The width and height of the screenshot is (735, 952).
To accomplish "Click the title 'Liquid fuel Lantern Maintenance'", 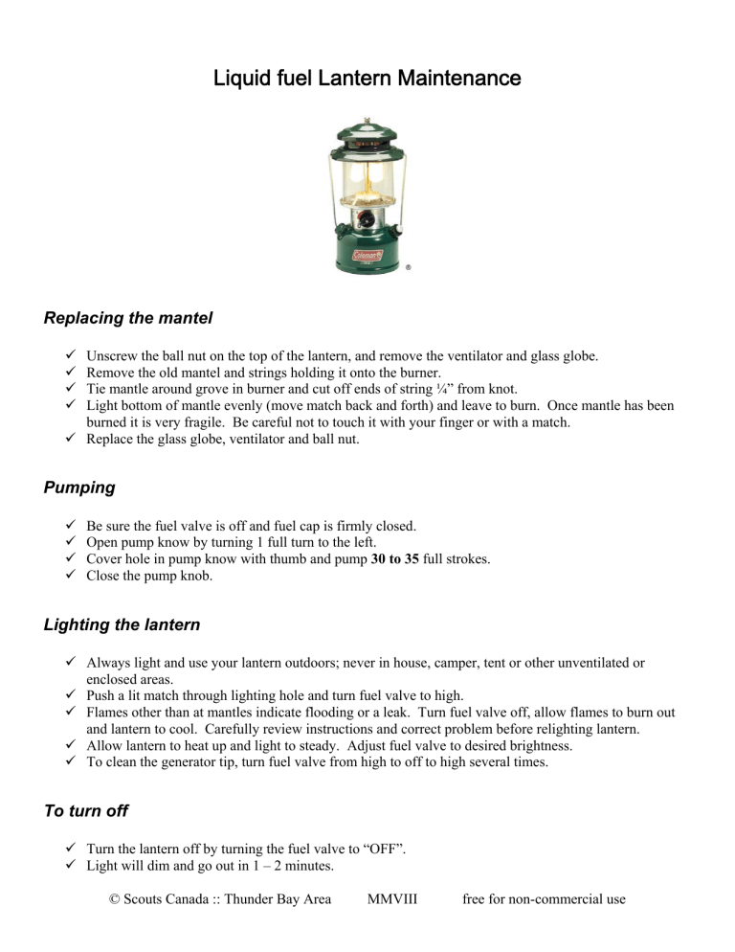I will (x=367, y=78).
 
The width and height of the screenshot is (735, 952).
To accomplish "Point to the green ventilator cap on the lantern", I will (x=367, y=134).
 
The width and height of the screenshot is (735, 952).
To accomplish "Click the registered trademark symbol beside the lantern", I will (x=409, y=269).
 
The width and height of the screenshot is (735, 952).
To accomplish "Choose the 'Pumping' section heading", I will (x=78, y=487).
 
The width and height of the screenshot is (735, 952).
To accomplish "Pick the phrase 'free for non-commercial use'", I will (x=544, y=899).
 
